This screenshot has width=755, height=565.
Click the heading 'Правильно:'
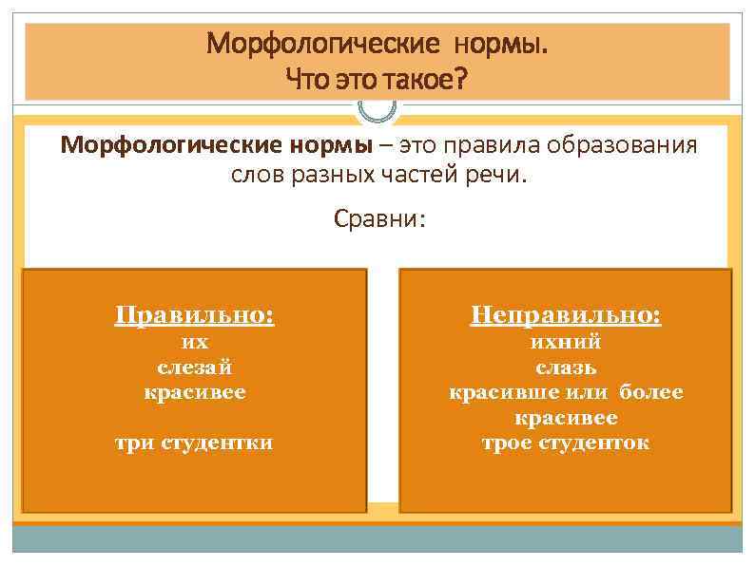194,314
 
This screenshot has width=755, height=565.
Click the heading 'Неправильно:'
566,314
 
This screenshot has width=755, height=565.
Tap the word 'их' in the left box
194,342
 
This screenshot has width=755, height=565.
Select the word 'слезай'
194,367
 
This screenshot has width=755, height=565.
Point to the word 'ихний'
566,342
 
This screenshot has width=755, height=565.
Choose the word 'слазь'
566,367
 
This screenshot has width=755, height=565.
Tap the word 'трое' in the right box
508,443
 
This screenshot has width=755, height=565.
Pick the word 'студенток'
593,443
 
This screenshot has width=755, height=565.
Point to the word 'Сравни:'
379,219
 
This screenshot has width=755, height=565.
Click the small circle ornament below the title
377,106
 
